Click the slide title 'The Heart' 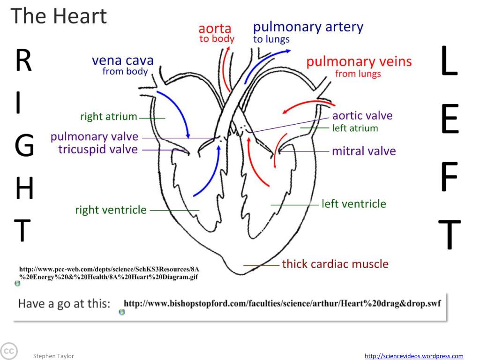[x=59, y=16]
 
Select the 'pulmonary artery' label [x=308, y=27]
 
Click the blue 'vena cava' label [x=122, y=60]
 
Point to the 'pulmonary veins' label [x=359, y=61]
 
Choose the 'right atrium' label [x=108, y=117]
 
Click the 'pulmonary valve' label [x=94, y=137]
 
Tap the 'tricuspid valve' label [x=98, y=150]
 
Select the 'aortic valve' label [x=362, y=116]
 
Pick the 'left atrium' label [x=355, y=128]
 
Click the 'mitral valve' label [x=364, y=151]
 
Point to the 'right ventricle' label [x=111, y=210]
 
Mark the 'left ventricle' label [x=353, y=204]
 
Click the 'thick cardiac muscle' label [x=335, y=264]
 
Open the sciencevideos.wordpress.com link [x=414, y=356]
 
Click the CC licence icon [x=8, y=351]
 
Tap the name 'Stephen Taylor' [x=53, y=356]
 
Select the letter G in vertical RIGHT [x=24, y=146]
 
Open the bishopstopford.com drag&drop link [x=282, y=303]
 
